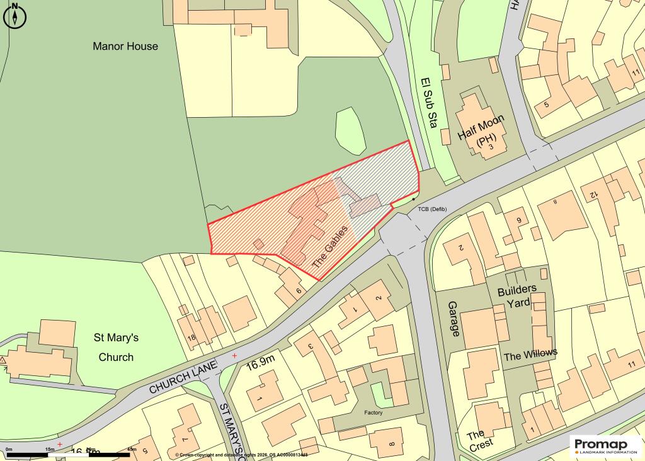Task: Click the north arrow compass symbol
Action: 14,16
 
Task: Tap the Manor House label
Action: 125,46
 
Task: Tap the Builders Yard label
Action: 517,295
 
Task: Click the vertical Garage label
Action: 453,318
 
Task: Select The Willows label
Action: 530,355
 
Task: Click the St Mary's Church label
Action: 117,347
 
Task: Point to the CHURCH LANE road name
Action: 183,378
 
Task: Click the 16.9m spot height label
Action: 261,363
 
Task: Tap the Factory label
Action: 373,413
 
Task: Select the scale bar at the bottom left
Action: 69,453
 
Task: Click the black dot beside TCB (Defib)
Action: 413,199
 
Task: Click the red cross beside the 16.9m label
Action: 235,356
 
